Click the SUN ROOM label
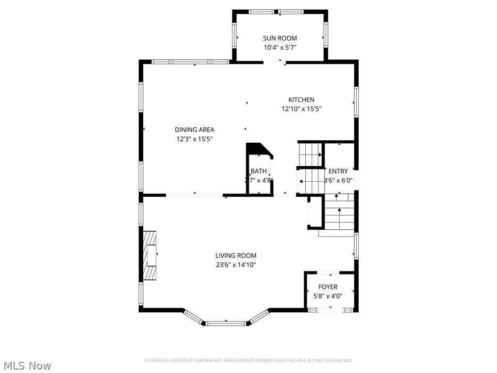pyautogui.click(x=280, y=38)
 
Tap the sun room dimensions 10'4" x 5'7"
pyautogui.click(x=280, y=48)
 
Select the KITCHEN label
pyautogui.click(x=301, y=100)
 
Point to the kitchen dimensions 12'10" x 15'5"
pyautogui.click(x=301, y=109)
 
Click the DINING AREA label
pyautogui.click(x=194, y=130)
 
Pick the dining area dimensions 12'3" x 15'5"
pyautogui.click(x=194, y=139)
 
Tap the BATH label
pyautogui.click(x=259, y=171)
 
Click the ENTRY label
pyautogui.click(x=338, y=171)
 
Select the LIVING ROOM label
pyautogui.click(x=236, y=255)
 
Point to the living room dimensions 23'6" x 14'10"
pyautogui.click(x=236, y=265)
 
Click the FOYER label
pyautogui.click(x=328, y=287)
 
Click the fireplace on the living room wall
pyautogui.click(x=150, y=255)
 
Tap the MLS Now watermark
pyautogui.click(x=27, y=365)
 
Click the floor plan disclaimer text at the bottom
pyautogui.click(x=248, y=360)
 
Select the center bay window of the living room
pyautogui.click(x=226, y=322)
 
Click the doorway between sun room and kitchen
pyautogui.click(x=275, y=62)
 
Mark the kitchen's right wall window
pyautogui.click(x=356, y=102)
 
